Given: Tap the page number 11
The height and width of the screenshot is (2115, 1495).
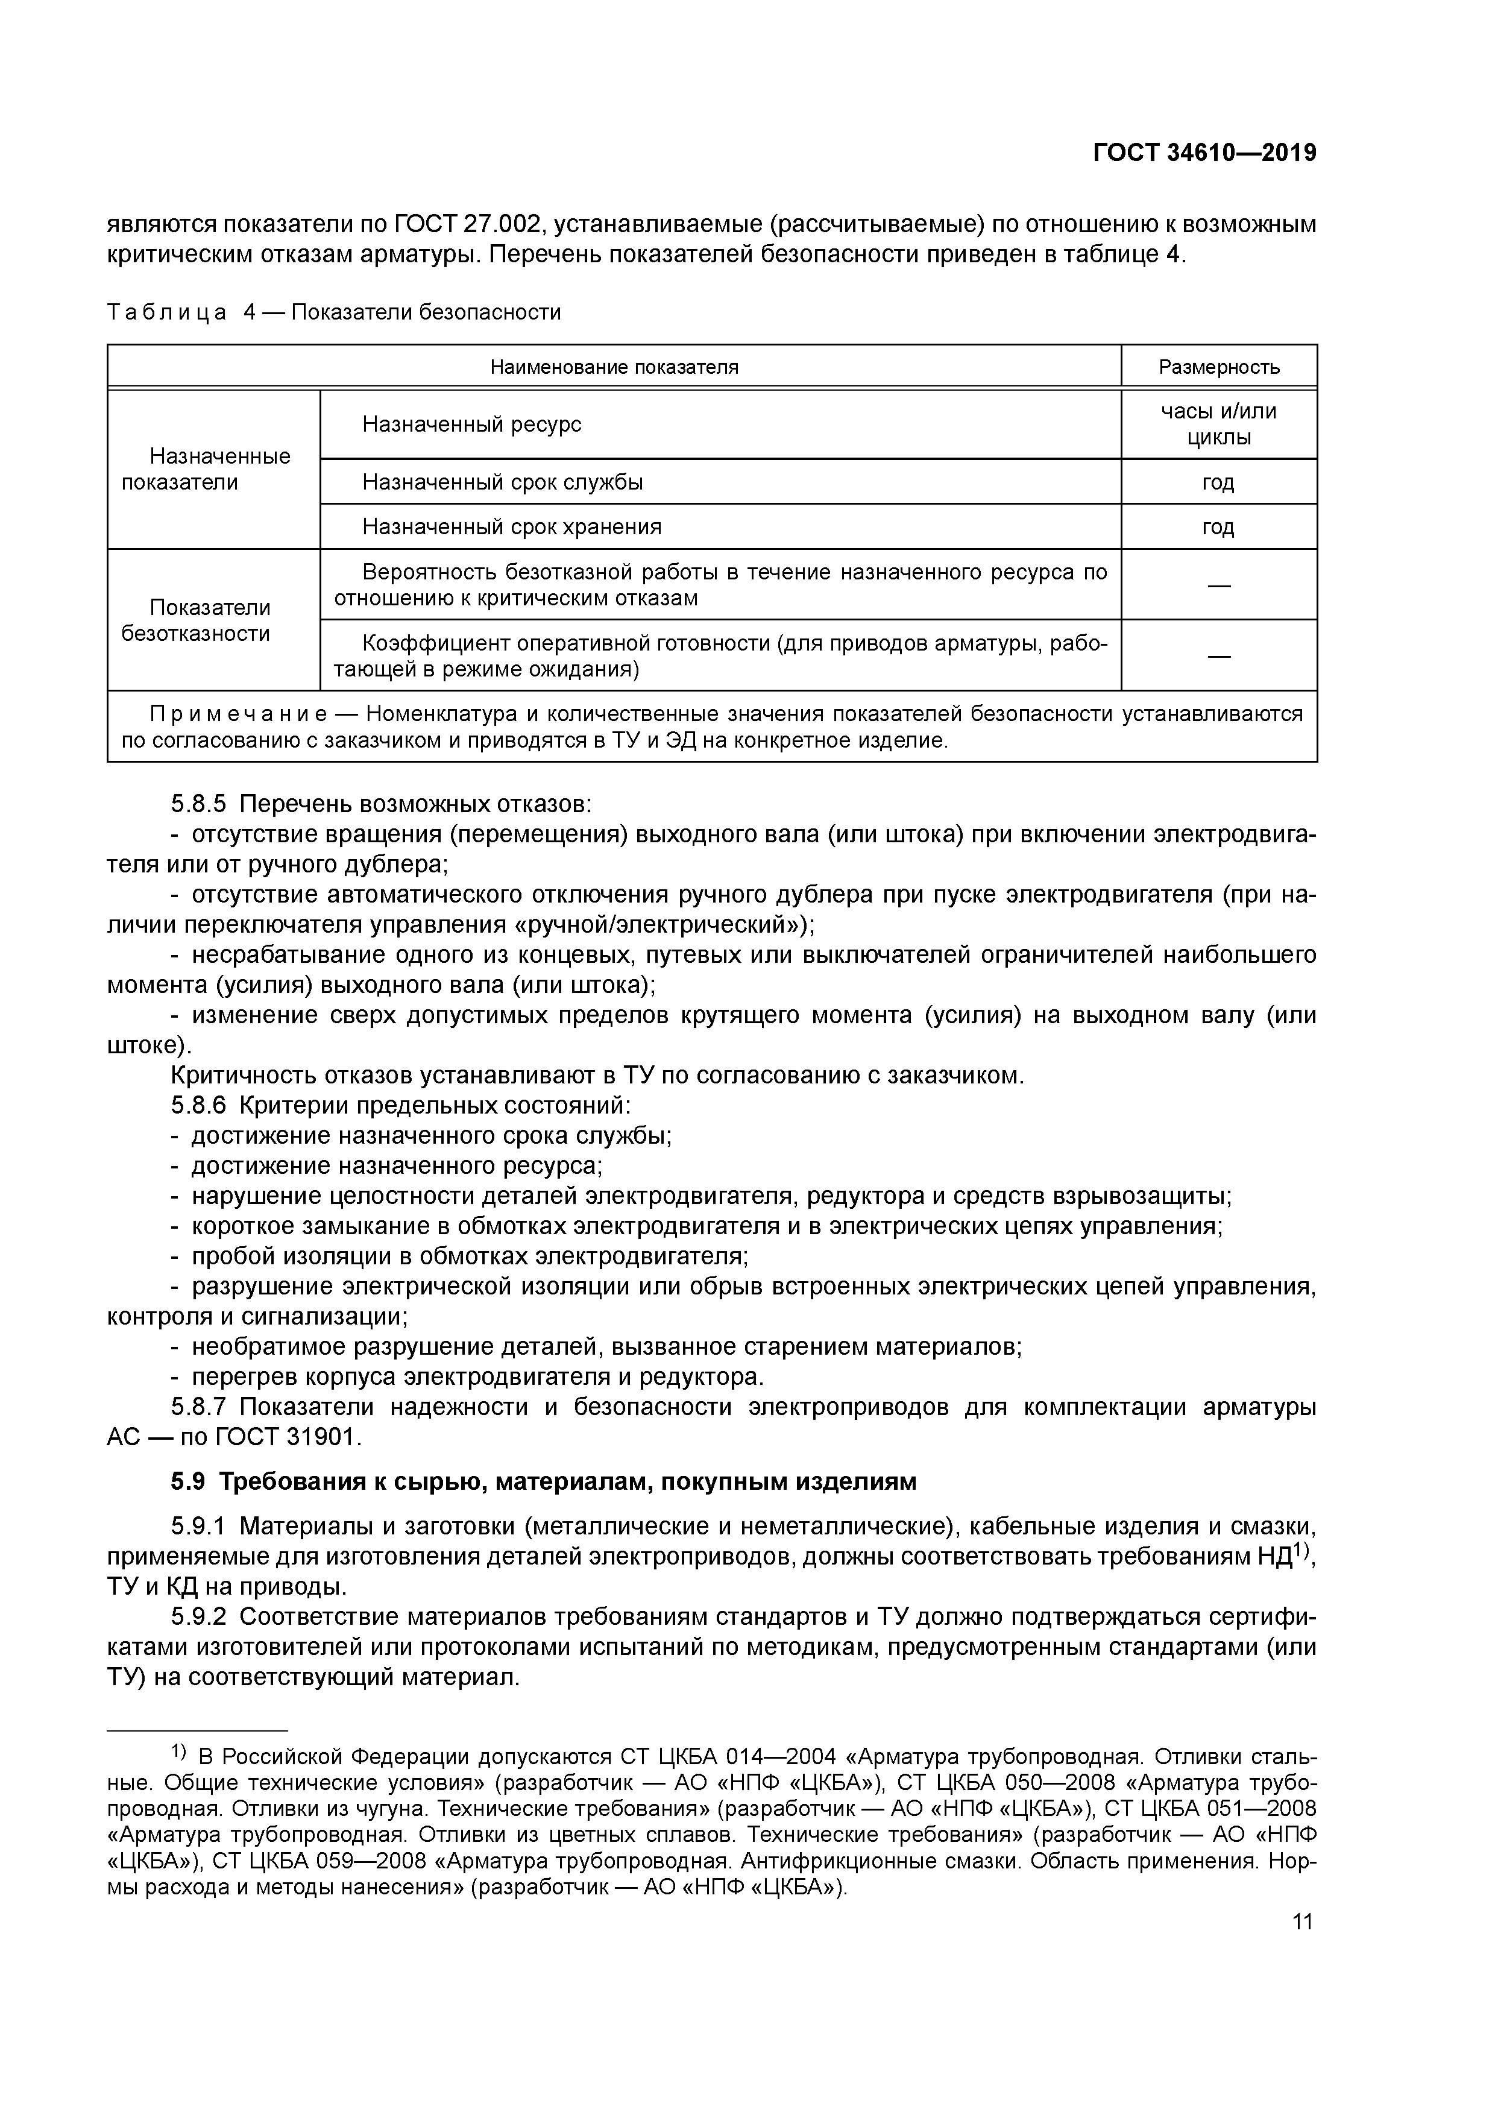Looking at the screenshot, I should coord(1301,1921).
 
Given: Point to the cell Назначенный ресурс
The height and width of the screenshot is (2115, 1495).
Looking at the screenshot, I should coord(471,424).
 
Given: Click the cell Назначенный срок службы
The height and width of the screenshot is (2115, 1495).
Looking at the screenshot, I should coord(502,482).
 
